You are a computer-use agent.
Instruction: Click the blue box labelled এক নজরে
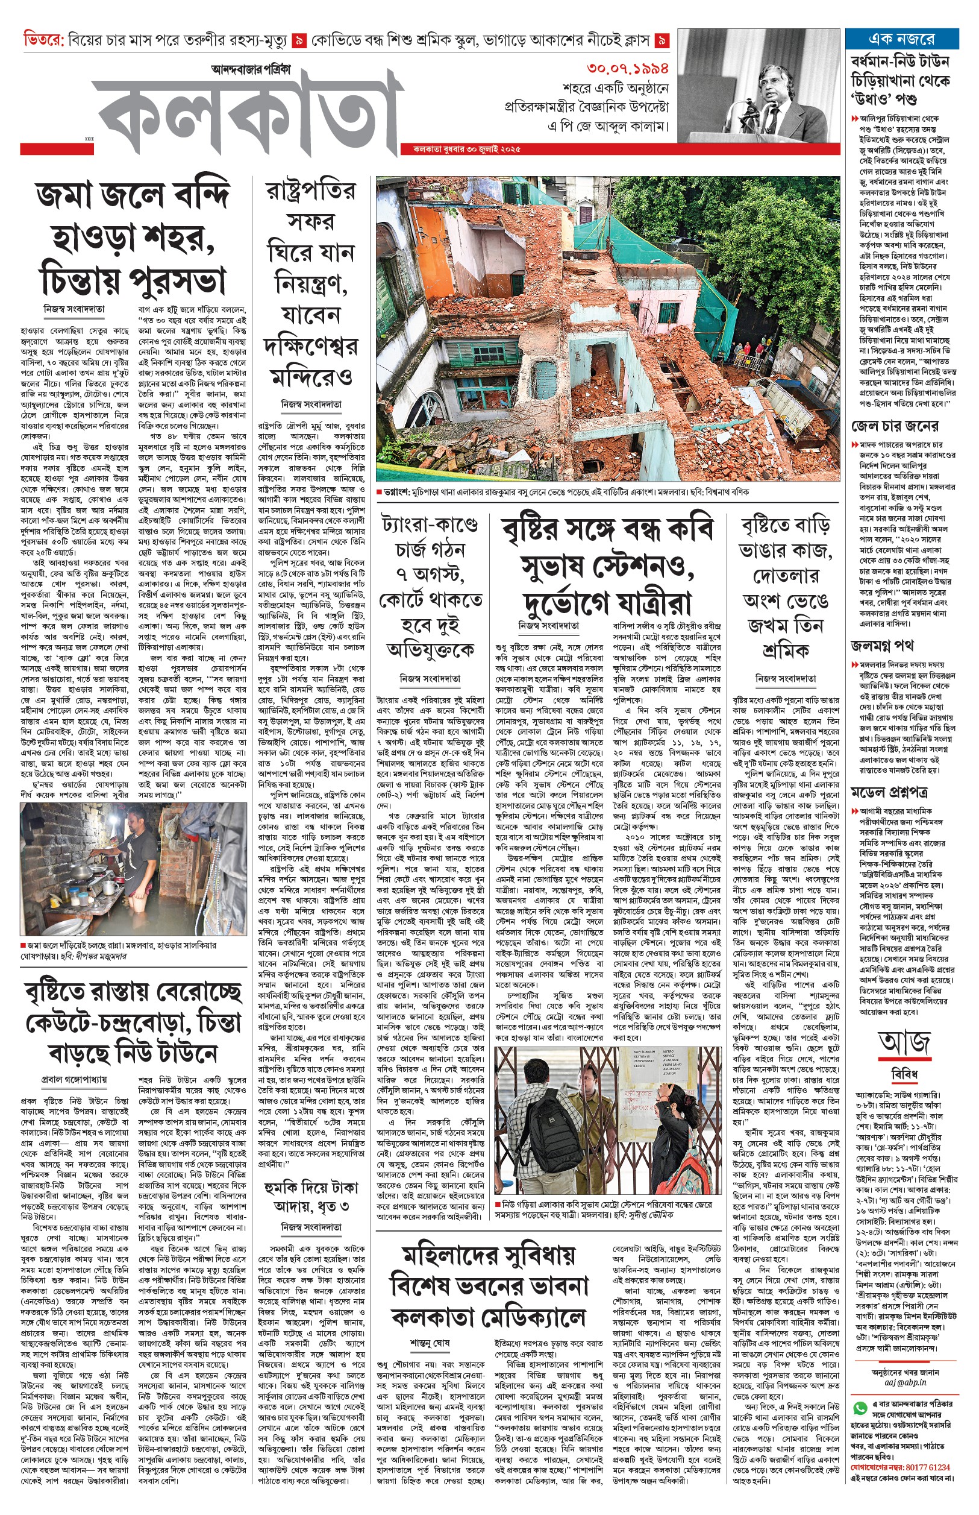click(x=901, y=39)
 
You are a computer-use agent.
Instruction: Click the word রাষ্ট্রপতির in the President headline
click(x=311, y=191)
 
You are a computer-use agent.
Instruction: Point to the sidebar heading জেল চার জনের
click(x=895, y=426)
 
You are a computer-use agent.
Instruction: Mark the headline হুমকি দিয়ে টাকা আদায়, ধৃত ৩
click(x=311, y=1195)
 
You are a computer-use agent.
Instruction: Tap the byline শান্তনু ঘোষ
click(x=430, y=1325)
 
